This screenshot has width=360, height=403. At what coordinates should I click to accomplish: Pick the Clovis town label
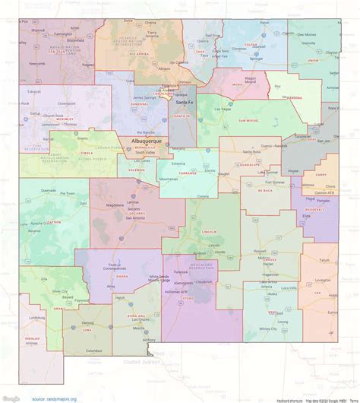coord(331,187)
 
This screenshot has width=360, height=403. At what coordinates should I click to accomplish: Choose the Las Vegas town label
coord(227,109)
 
